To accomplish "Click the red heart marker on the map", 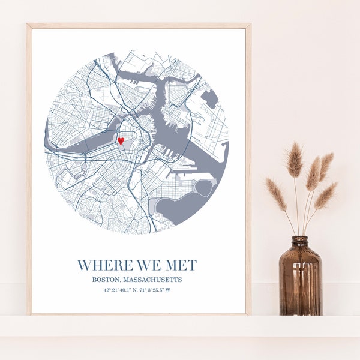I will [x=121, y=141].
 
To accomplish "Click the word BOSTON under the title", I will [x=106, y=280].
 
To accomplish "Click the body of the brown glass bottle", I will [x=301, y=282].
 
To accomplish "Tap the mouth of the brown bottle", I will [x=301, y=238].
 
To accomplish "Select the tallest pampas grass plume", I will [x=295, y=160].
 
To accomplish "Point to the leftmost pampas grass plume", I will [x=276, y=193].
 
